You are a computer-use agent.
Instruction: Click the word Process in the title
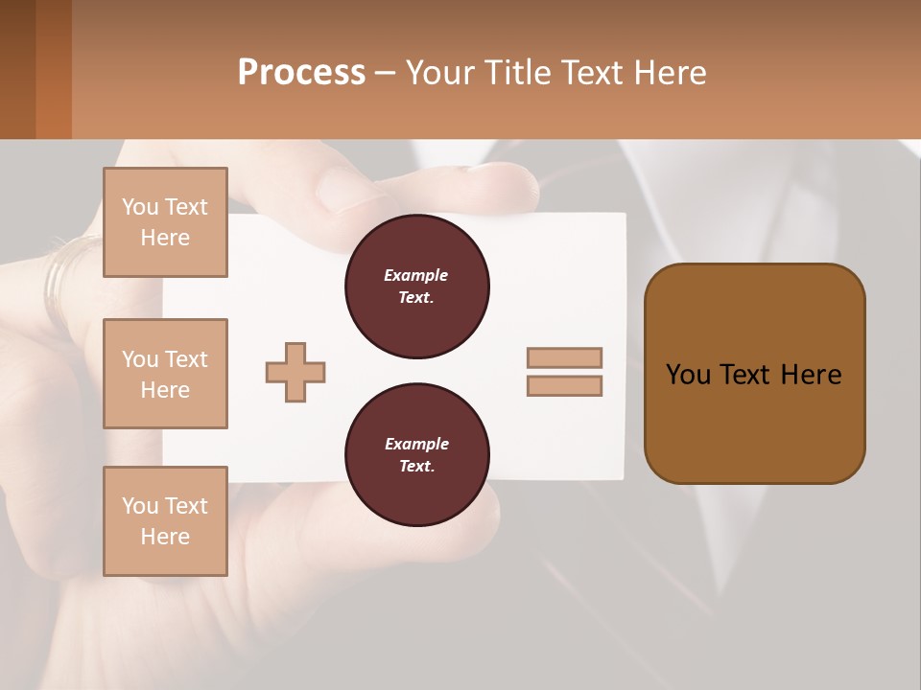click(301, 73)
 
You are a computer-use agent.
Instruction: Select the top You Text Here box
click(165, 222)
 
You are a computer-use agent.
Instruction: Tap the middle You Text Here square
click(165, 374)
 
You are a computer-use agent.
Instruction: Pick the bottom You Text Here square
click(165, 521)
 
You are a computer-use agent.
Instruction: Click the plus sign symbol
click(295, 372)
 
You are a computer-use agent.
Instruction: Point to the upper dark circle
click(416, 287)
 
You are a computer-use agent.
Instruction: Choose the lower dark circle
click(416, 455)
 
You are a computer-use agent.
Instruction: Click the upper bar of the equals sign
click(564, 357)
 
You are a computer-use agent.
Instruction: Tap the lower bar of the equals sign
click(564, 386)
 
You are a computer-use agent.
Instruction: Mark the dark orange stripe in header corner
click(53, 69)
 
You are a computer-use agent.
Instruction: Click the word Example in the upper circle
click(416, 275)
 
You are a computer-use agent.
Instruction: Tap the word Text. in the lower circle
click(416, 467)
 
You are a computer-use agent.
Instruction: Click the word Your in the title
click(438, 73)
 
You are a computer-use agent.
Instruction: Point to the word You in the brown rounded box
click(688, 375)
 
